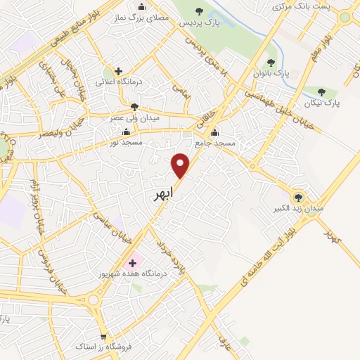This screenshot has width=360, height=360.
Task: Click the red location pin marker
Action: (x=181, y=165)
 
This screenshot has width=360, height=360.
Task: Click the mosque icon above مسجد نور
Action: (x=126, y=131)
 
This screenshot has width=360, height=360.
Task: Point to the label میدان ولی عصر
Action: (x=134, y=118)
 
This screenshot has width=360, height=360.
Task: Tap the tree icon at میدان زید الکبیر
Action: (x=297, y=198)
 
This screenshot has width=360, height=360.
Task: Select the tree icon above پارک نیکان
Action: (x=322, y=92)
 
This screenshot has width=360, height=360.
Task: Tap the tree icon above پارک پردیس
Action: (x=199, y=11)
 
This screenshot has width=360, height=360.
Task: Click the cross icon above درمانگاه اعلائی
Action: (x=118, y=71)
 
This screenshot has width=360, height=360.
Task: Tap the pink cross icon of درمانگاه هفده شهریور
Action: (x=132, y=262)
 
